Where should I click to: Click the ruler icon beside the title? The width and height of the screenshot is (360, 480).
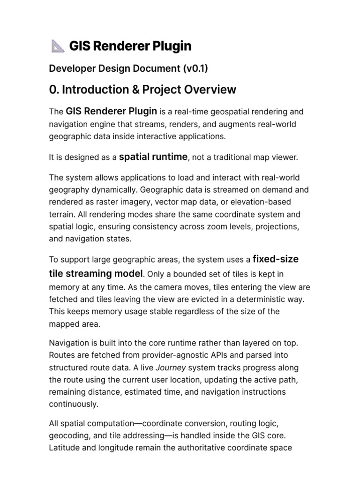pos(57,46)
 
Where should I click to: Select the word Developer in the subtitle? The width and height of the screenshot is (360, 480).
pos(71,68)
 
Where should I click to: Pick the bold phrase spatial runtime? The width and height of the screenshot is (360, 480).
pos(153,157)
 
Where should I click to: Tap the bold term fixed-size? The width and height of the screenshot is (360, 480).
pos(275,259)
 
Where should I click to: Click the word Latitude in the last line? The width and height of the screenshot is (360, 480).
pos(64,447)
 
